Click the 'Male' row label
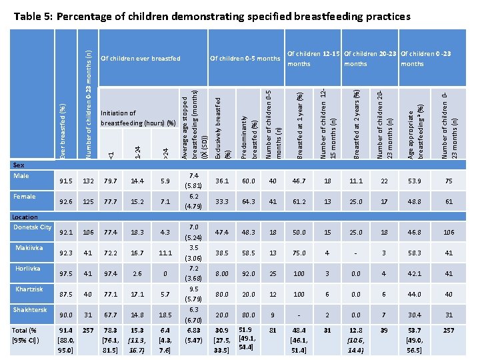click(21, 175)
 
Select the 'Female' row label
click(25, 197)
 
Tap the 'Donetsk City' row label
click(33, 227)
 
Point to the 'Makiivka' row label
click(27, 248)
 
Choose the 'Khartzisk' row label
click(28, 289)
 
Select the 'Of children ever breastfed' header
click(140, 59)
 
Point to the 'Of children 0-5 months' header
click(245, 59)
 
